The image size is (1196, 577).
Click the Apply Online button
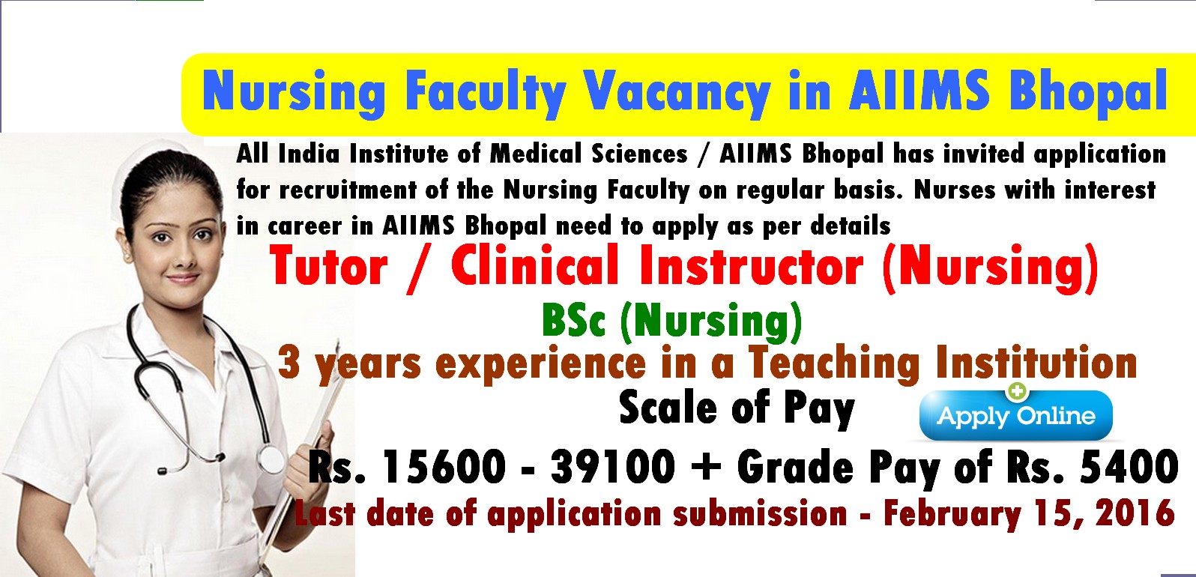[x=1015, y=415]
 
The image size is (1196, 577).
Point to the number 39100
[x=613, y=467]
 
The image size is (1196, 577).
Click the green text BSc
[x=575, y=321]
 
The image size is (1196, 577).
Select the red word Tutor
[x=328, y=267]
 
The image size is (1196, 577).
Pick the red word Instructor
[x=751, y=267]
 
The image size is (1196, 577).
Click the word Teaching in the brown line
[x=833, y=363]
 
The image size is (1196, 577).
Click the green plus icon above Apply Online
[x=1017, y=391]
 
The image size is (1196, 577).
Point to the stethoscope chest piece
[x=272, y=459]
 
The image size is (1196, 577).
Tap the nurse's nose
[x=184, y=257]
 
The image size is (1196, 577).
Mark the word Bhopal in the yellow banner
[x=1087, y=92]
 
